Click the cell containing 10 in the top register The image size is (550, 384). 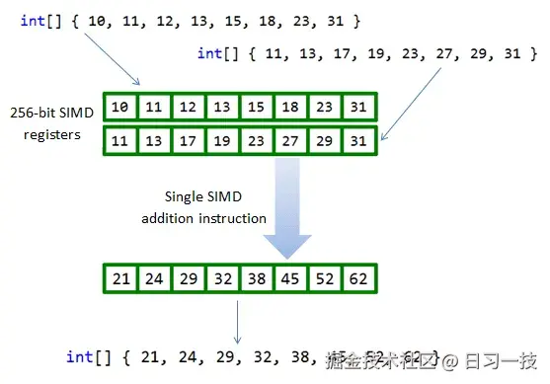coord(119,107)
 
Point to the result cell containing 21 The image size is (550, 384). coord(120,279)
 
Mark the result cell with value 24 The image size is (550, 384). coord(153,279)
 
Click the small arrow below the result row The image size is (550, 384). coord(237,321)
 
